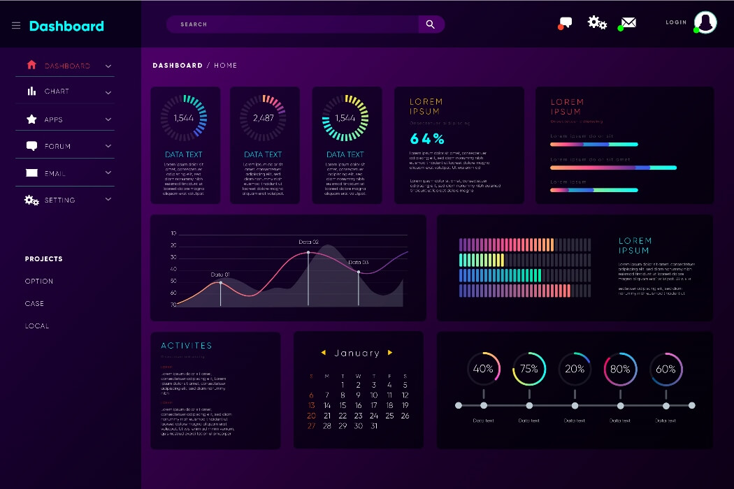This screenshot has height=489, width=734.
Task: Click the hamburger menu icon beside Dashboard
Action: pos(16,26)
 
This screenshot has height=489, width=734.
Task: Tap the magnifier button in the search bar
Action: pos(431,24)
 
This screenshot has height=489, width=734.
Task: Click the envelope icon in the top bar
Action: pos(628,23)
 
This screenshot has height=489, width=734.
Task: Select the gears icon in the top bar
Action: pos(597,22)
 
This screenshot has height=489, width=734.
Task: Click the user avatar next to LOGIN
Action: pos(705,22)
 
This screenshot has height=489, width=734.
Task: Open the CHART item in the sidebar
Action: pos(57,92)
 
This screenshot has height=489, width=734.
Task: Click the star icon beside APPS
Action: pos(31,119)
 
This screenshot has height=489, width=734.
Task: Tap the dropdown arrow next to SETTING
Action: pos(108,199)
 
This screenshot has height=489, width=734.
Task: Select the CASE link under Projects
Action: pos(34,304)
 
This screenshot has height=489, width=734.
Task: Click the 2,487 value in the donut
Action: pos(264,118)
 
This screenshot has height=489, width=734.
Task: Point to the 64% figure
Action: pos(427,138)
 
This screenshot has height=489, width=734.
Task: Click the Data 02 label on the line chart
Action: pos(308,242)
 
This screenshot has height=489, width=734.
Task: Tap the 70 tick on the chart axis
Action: pos(173,305)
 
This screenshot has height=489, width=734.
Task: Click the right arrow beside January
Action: pos(390,353)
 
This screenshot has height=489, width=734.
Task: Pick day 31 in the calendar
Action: pos(374,425)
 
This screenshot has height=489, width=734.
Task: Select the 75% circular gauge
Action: pos(529,369)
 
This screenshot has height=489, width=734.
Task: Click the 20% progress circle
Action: pos(575,369)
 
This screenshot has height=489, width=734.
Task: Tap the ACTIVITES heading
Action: pos(187,346)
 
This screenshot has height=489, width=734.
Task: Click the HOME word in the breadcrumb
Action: pos(226,66)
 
